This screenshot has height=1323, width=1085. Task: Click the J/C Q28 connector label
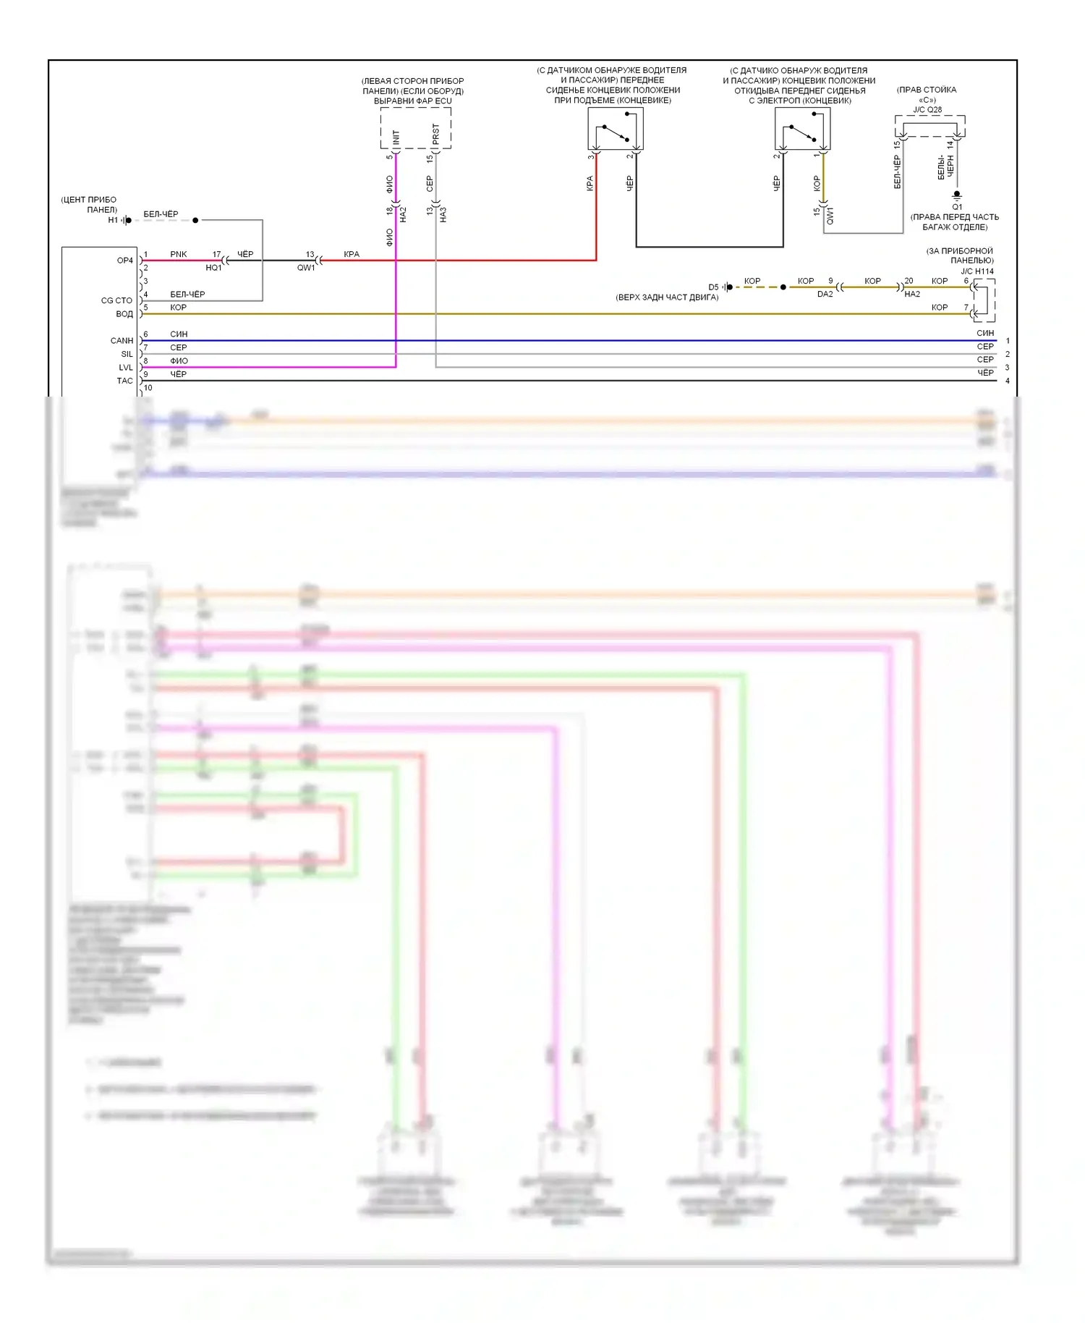point(927,110)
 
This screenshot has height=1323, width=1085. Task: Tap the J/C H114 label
point(977,271)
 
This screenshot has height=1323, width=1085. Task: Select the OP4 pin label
point(125,261)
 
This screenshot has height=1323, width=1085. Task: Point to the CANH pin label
point(122,341)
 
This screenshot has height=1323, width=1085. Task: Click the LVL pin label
point(126,368)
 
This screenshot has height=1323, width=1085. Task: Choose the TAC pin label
point(125,381)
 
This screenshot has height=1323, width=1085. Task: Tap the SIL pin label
point(127,355)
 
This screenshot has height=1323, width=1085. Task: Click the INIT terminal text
point(396,137)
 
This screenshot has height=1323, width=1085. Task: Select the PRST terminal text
point(435,134)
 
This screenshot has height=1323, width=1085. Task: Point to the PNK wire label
point(178,254)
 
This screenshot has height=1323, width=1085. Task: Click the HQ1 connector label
point(213,268)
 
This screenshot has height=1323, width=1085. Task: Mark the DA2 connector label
point(825,295)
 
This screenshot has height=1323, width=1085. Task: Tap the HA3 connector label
point(443,214)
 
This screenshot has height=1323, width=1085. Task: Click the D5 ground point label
point(713,287)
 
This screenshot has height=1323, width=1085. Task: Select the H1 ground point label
point(113,220)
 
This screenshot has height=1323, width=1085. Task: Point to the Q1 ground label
point(957,207)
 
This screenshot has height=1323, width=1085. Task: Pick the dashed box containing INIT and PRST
point(416,129)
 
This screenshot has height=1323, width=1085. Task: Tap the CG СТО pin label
point(116,300)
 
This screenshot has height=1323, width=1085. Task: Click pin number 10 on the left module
point(148,388)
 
